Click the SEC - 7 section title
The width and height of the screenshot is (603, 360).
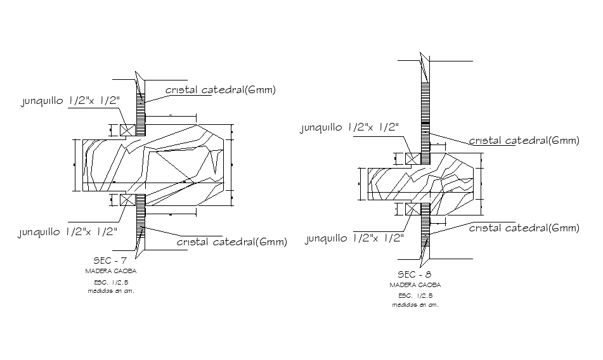(x=110, y=260)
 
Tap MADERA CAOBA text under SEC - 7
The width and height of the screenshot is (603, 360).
(x=111, y=271)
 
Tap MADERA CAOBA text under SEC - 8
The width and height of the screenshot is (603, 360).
(x=415, y=285)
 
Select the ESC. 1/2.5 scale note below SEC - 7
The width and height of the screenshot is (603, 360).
(x=111, y=281)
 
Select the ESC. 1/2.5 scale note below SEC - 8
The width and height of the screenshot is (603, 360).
(x=415, y=295)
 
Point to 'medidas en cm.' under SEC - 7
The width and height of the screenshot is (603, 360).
(x=111, y=291)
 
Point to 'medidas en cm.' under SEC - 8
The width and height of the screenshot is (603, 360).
(x=415, y=305)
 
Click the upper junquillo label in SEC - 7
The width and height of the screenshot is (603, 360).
(x=70, y=101)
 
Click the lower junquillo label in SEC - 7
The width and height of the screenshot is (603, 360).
(x=68, y=232)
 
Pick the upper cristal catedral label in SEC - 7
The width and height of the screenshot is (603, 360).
(x=221, y=90)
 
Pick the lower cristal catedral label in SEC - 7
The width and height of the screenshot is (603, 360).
(x=231, y=241)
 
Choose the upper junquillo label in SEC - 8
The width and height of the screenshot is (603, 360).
(x=349, y=128)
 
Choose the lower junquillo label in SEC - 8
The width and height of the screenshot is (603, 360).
(x=354, y=238)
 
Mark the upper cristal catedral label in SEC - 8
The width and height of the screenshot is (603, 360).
(x=524, y=141)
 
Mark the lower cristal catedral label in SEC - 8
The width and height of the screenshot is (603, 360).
(x=524, y=228)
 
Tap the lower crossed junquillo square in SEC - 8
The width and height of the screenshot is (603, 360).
(x=413, y=209)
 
